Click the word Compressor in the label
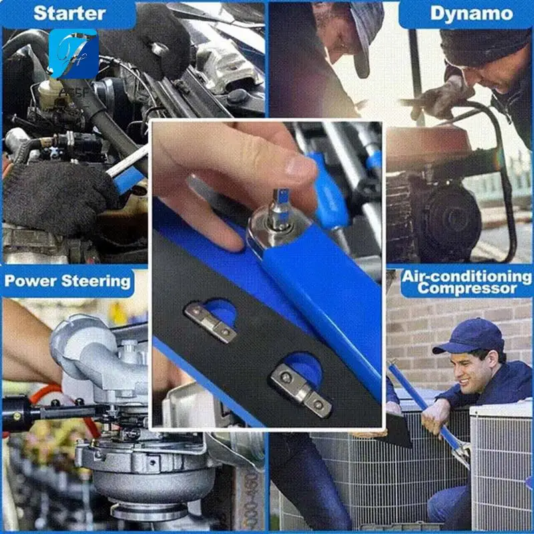(467, 288)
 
